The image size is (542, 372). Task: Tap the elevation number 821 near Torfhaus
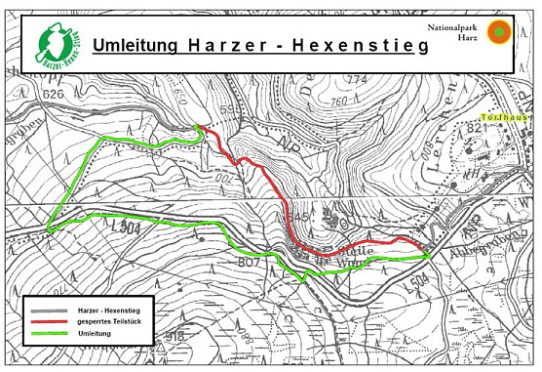(478, 128)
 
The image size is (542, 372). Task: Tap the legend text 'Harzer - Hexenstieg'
(108, 310)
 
